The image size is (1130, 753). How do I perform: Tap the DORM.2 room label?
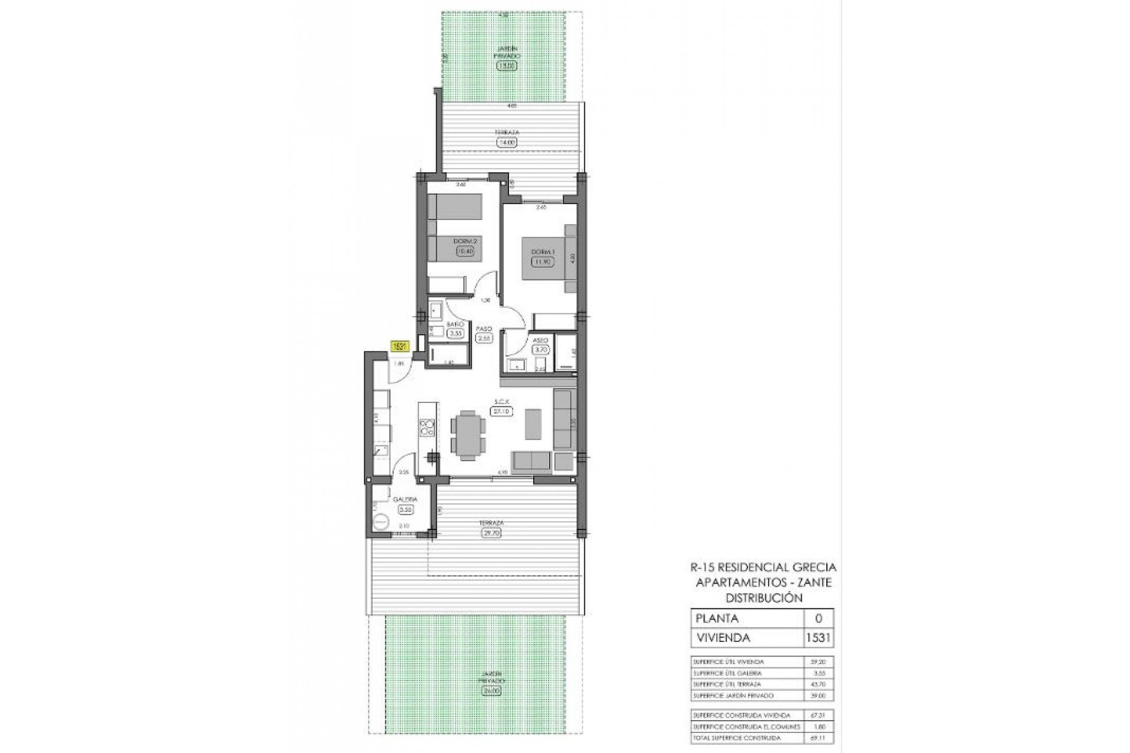click(x=464, y=241)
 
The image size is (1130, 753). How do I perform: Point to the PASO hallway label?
click(x=484, y=329)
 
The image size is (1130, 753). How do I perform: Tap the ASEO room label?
click(x=540, y=341)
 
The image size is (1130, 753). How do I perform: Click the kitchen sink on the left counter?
click(x=380, y=452)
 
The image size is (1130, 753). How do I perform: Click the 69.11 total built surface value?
click(x=818, y=738)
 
